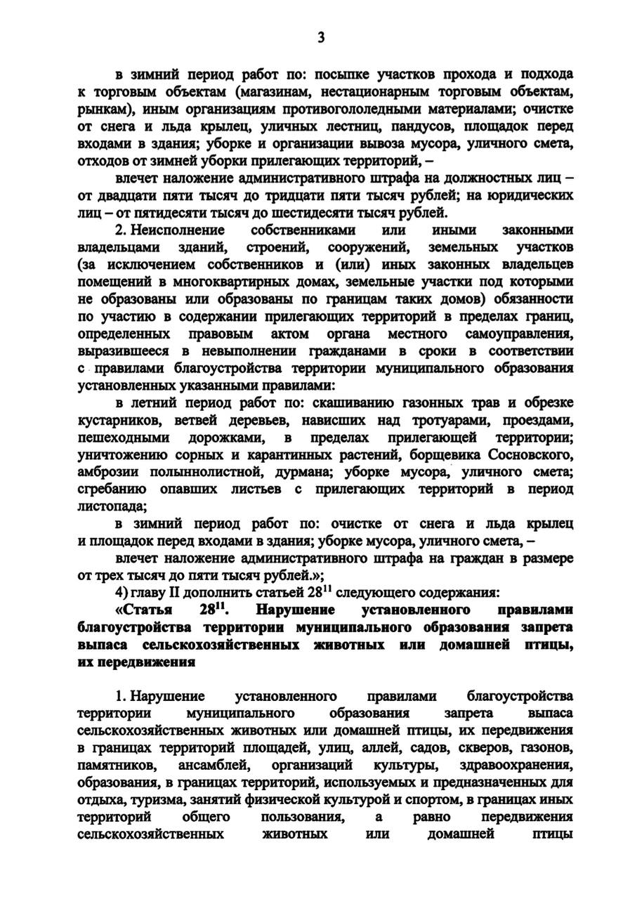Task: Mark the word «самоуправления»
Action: click(519, 332)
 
